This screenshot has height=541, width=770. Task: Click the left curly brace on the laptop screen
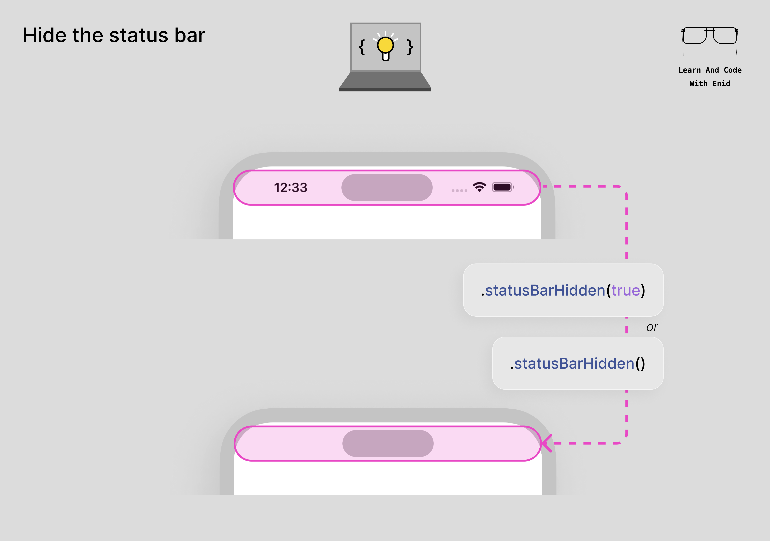[362, 47]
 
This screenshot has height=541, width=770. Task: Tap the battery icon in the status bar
[502, 187]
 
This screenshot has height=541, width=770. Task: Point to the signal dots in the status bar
[459, 190]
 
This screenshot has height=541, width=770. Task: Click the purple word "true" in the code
[625, 290]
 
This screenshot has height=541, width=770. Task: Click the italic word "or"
[652, 327]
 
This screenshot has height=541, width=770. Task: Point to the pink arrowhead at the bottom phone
[547, 443]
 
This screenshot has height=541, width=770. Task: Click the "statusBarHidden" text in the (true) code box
[545, 290]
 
